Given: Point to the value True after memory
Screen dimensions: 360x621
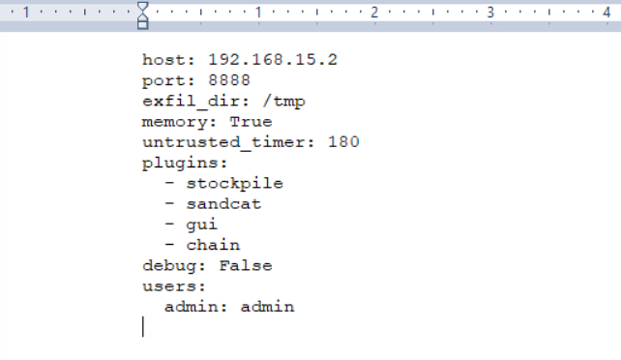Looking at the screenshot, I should click(x=251, y=122).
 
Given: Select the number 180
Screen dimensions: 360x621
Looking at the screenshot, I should click(x=343, y=142).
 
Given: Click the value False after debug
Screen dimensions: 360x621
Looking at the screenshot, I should click(x=245, y=265).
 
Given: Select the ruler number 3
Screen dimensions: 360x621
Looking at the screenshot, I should click(x=490, y=13).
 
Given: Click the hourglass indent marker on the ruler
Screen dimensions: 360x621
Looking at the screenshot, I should click(x=143, y=15).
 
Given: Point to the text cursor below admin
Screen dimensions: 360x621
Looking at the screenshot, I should click(x=143, y=327).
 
